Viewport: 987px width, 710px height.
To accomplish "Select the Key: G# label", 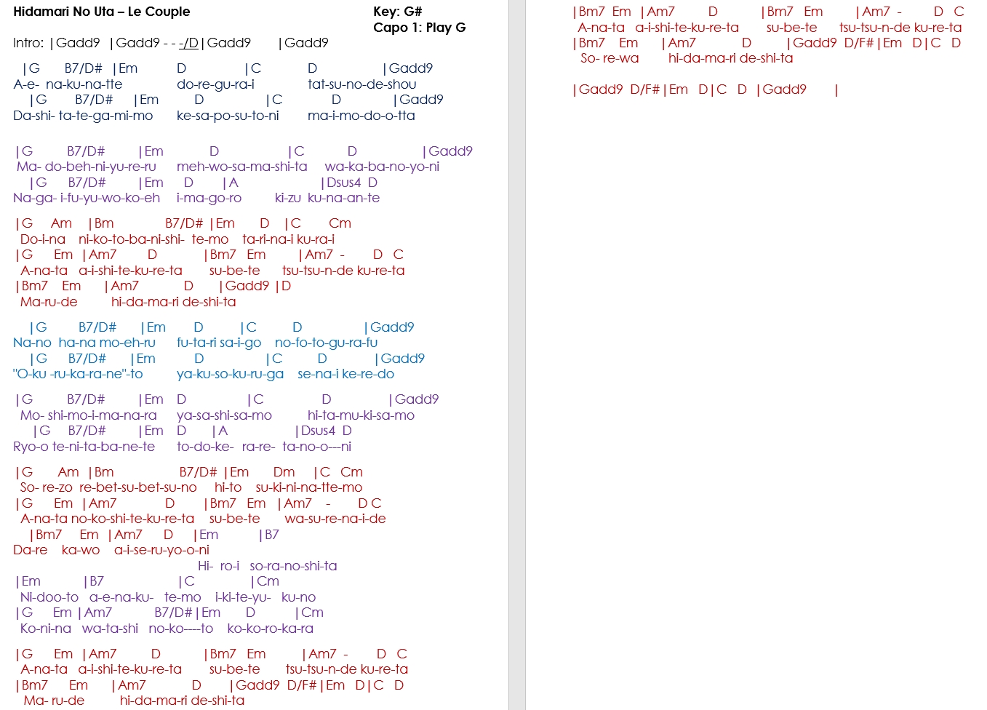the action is pos(397,12).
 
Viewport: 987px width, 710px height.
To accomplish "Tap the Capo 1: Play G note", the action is pos(419,28).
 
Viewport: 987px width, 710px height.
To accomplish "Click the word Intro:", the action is pos(28,43).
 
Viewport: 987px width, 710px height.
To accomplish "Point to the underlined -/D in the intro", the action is pos(188,43).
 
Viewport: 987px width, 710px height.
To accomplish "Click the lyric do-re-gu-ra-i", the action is pos(215,84).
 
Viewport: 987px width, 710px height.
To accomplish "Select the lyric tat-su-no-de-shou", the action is pos(361,84).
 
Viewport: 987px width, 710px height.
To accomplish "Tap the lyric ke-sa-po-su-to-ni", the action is pos(228,116).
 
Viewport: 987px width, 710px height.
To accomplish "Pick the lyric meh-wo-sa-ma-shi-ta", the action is pos(241,167).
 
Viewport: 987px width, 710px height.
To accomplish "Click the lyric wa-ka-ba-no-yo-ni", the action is pos(382,167).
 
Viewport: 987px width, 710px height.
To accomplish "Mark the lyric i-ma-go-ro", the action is pos(209,198).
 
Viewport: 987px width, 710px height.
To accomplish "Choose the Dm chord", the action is pos(284,472).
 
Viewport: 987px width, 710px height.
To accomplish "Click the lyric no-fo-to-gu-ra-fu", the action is pos(326,343).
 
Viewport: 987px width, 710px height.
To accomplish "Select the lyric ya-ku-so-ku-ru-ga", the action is pos(230,374).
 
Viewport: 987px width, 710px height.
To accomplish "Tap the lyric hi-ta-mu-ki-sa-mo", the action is pos(361,415).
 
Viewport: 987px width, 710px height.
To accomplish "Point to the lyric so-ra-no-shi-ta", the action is pos(293,566).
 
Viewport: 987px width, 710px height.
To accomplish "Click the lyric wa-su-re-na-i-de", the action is pos(335,519).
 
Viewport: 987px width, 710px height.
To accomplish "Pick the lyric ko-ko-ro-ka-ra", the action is pos(270,629).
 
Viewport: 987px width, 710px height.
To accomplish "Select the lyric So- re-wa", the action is pos(610,58).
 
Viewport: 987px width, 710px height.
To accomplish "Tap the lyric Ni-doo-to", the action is pos(49,597).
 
